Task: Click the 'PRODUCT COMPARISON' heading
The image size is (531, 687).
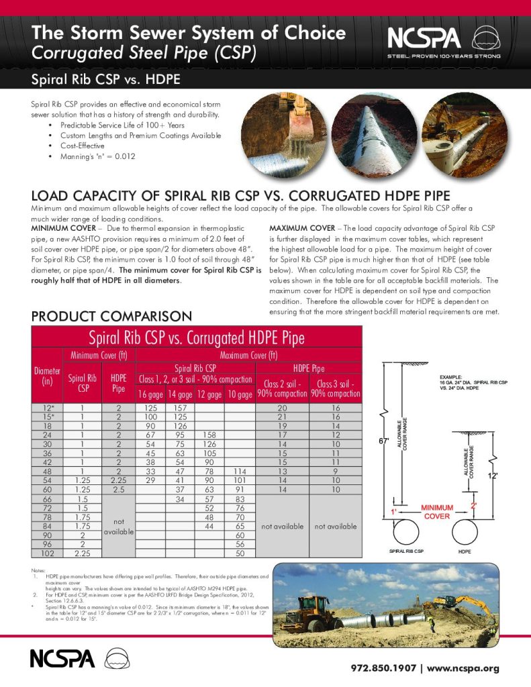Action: coord(112,315)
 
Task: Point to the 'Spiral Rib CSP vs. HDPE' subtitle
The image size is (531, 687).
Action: coord(105,81)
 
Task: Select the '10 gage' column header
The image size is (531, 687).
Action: coord(239,394)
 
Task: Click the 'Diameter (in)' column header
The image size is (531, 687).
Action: coord(47,376)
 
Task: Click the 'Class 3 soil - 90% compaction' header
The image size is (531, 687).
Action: coord(336,388)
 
